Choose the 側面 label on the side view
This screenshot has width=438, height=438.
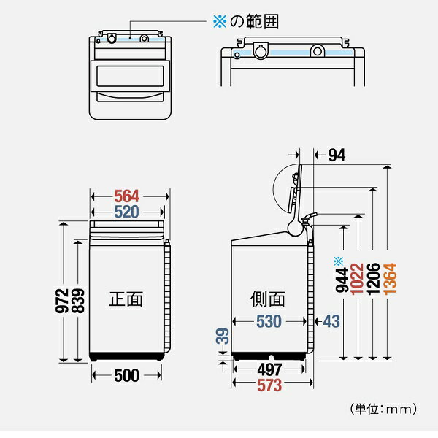(266, 299)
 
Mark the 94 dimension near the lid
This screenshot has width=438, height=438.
(337, 154)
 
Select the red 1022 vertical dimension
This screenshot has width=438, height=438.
(356, 278)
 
